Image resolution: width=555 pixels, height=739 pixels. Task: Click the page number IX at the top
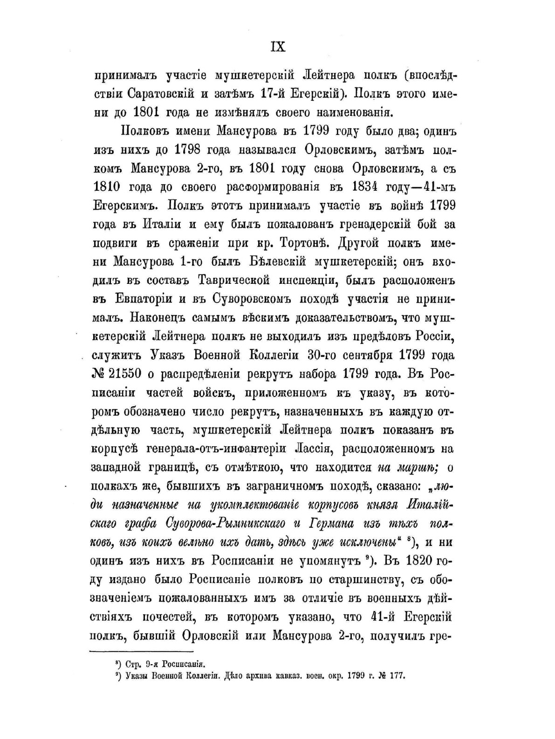277,47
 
